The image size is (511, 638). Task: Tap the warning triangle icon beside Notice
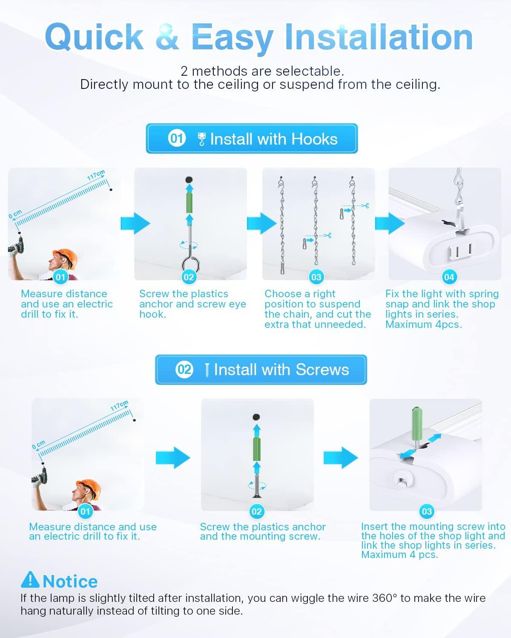30,580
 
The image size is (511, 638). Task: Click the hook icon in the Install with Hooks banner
201,139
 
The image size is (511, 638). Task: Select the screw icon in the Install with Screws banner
207,370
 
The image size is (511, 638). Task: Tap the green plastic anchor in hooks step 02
189,202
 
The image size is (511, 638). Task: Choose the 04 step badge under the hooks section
449,277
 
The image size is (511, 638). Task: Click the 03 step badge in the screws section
427,511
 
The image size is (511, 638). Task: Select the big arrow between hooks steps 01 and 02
135,223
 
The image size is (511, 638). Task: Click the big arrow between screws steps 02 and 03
341,458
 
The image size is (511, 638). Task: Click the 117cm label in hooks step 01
96,175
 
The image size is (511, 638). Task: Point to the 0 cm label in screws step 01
39,445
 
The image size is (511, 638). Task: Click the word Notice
70,581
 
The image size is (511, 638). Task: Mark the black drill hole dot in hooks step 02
189,179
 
